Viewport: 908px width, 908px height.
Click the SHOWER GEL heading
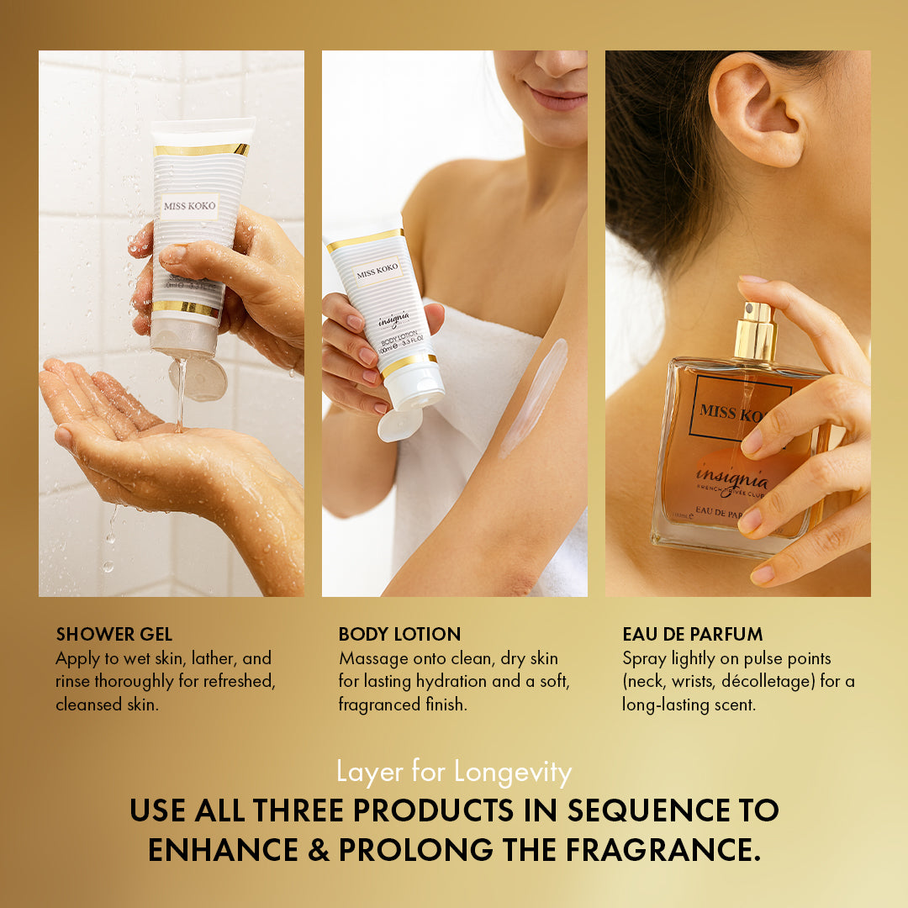point(113,635)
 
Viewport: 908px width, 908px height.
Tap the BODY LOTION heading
point(399,635)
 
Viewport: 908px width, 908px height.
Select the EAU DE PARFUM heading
point(693,635)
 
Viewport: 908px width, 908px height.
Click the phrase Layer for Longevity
point(454,772)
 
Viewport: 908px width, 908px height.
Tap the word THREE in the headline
point(302,810)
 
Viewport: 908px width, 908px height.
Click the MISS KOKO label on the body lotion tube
point(377,271)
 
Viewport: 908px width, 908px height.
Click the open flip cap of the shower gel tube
point(199,378)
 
